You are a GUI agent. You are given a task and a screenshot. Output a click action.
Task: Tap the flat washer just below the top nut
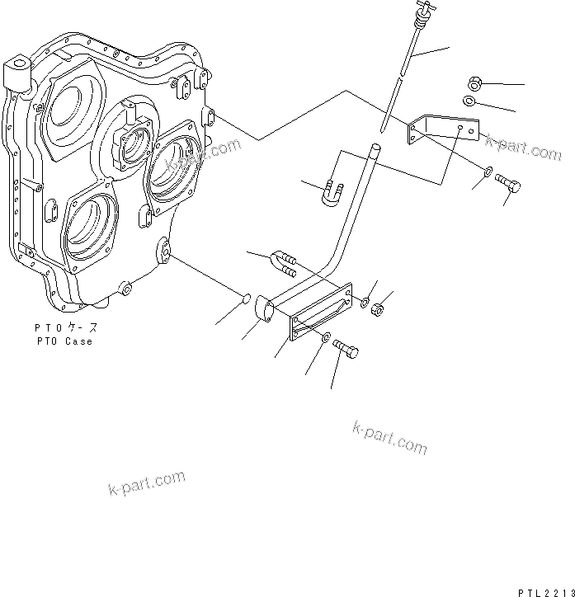pyautogui.click(x=469, y=101)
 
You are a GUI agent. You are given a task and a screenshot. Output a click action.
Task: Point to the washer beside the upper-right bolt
pyautogui.click(x=488, y=172)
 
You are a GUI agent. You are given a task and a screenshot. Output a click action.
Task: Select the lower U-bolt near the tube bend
pyautogui.click(x=281, y=261)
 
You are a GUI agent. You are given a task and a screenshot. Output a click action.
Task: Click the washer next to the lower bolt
pyautogui.click(x=328, y=337)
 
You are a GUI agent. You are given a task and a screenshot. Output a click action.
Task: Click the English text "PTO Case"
pyautogui.click(x=64, y=341)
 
